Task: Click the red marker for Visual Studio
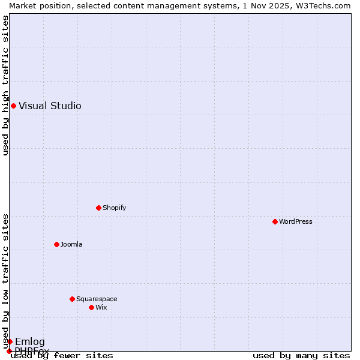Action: [x=13, y=106]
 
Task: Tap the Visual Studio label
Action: [x=50, y=106]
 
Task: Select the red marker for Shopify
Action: [x=98, y=208]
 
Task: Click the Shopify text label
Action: [x=114, y=208]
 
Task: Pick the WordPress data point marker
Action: [x=275, y=222]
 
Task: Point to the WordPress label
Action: [x=295, y=222]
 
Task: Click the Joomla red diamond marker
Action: [x=56, y=245]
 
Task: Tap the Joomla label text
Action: [x=71, y=245]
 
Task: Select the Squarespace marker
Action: [x=72, y=299]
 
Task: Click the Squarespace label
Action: [x=97, y=299]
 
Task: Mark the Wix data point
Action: [x=91, y=308]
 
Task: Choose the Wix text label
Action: [x=101, y=308]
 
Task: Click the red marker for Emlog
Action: [x=10, y=342]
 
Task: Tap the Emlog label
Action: [x=30, y=342]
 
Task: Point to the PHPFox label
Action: [x=32, y=350]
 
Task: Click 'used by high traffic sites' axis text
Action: [x=5, y=85]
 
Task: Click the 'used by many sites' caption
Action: [x=301, y=356]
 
